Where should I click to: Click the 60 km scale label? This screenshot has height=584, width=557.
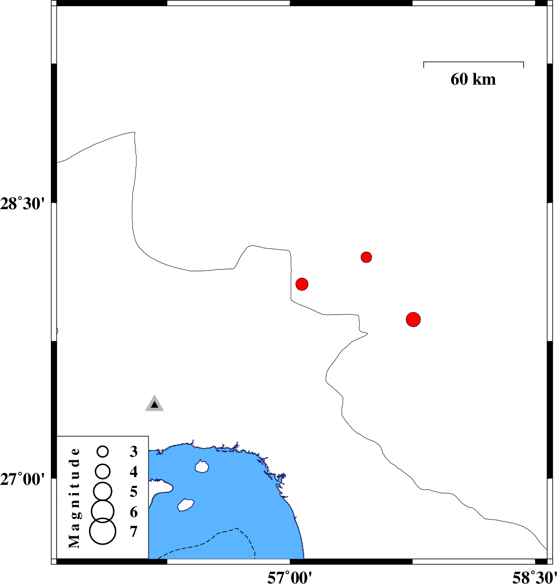click(x=473, y=79)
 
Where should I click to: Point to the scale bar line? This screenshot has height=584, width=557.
click(x=473, y=62)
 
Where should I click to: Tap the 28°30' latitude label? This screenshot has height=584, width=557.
click(x=22, y=204)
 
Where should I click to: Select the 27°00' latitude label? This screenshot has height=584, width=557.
click(x=22, y=479)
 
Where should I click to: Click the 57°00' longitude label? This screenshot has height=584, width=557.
click(x=290, y=577)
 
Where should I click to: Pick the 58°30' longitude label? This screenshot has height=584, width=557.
click(x=535, y=577)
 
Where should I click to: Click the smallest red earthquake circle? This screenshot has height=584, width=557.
click(x=366, y=257)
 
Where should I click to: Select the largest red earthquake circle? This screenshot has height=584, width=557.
click(x=413, y=320)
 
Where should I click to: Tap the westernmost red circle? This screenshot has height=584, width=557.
click(x=302, y=284)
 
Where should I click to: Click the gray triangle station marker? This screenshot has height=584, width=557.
click(x=155, y=404)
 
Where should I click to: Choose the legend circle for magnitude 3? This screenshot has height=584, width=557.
click(x=103, y=452)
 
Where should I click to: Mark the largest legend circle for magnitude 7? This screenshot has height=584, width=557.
click(x=103, y=532)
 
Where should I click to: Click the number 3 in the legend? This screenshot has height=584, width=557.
click(x=133, y=452)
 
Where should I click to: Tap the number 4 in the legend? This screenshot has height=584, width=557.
click(x=133, y=472)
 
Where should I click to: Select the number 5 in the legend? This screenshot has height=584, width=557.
click(x=133, y=492)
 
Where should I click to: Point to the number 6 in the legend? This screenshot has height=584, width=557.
click(x=133, y=512)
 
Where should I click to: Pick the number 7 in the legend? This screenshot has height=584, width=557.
click(x=133, y=532)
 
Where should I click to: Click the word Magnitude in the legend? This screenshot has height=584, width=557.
click(x=74, y=498)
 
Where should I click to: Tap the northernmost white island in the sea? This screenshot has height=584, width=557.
click(x=202, y=466)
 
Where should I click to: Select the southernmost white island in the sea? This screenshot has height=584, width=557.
click(x=185, y=505)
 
